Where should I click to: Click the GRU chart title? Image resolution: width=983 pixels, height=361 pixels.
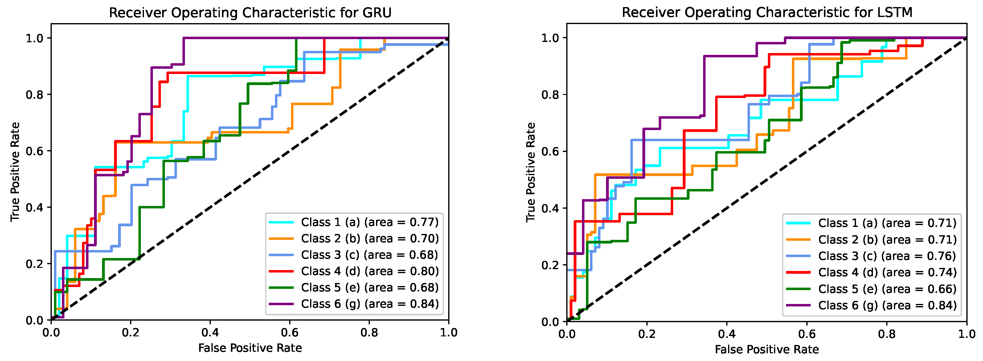pos(250,13)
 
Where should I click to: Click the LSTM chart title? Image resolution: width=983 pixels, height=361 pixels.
pos(767,12)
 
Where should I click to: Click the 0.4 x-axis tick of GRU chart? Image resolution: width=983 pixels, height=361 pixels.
pos(210,332)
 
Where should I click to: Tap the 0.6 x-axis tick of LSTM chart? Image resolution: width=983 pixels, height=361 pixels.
pos(807,334)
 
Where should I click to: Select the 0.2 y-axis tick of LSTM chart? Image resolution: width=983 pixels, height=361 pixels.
pos(550,265)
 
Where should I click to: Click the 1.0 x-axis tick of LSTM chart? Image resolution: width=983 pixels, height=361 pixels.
pos(967,334)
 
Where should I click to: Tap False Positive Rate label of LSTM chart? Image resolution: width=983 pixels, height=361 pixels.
pos(767,349)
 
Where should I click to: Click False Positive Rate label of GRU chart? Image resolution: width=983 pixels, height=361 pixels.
pos(250,348)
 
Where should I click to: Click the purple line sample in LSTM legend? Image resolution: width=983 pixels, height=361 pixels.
pos(798,305)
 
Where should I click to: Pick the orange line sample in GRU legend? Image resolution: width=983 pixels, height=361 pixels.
pos(281,239)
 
